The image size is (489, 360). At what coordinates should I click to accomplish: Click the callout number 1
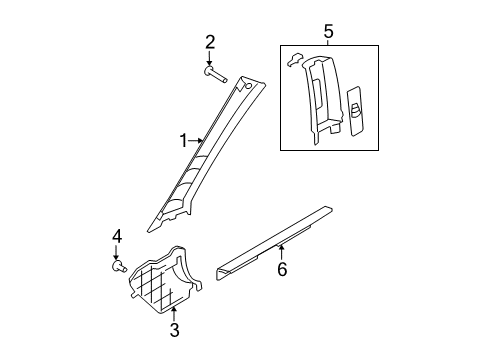click(184, 141)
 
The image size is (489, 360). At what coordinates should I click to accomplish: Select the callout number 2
click(210, 43)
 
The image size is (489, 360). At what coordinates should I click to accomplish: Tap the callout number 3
click(174, 330)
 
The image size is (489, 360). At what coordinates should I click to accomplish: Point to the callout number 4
click(117, 237)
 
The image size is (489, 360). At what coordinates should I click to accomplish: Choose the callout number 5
click(328, 32)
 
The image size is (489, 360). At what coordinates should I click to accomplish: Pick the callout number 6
click(282, 269)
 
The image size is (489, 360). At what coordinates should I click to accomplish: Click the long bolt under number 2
click(216, 75)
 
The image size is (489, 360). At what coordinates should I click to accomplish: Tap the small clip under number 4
click(119, 266)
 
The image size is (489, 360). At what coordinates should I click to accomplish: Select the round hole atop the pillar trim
click(248, 86)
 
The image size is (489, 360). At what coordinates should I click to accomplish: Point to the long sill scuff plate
click(274, 244)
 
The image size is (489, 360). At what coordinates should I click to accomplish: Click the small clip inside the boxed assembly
click(294, 59)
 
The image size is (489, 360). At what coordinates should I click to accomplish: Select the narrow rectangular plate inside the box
click(355, 111)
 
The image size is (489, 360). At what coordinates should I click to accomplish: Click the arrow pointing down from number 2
click(209, 58)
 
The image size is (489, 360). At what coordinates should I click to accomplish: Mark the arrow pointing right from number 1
click(196, 141)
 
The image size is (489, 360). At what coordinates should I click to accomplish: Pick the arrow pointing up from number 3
click(173, 314)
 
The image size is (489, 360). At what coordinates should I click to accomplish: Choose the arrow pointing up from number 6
click(282, 252)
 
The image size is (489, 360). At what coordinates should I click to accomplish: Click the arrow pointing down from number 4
click(116, 253)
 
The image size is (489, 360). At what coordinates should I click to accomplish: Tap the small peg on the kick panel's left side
click(133, 295)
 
